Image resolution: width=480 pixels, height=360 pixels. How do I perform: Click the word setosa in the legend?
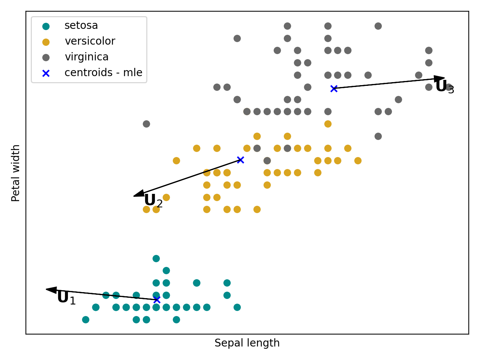81,25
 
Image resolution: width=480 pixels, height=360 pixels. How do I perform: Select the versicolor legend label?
90,41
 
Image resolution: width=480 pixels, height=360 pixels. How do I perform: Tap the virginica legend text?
87,57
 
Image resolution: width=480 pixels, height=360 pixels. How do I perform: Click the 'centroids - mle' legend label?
103,73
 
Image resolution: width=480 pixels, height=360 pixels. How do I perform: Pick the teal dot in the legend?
46,26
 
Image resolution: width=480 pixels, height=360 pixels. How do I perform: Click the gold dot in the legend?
46,42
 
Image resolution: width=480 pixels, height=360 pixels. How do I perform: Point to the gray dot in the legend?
46,58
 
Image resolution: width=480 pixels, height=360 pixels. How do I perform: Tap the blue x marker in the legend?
46,73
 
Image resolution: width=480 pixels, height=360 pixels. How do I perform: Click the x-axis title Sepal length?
247,343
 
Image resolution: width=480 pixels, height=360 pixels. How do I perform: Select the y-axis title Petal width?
16,173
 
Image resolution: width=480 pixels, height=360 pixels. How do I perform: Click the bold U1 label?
66,298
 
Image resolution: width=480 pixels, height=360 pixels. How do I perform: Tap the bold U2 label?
153,201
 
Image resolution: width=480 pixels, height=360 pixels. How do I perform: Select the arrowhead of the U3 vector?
440,79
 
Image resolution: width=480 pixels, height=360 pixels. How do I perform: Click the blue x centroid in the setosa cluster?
157,300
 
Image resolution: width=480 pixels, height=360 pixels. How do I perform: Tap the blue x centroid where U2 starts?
240,160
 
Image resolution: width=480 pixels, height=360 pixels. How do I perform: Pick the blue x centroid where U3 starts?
334,88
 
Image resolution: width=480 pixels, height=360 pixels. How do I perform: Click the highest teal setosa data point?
156,258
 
